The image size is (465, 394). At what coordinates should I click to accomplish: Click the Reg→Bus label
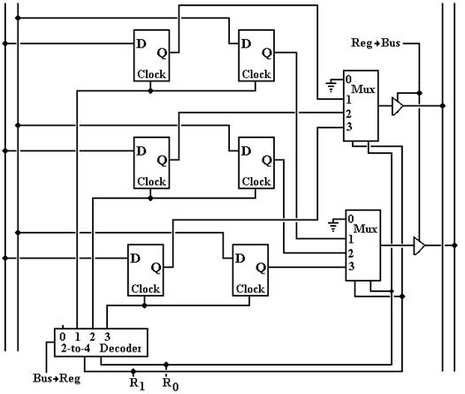pos(376,43)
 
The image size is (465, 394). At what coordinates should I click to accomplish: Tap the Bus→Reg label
pos(57,379)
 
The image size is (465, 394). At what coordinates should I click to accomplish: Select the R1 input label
pos(137,383)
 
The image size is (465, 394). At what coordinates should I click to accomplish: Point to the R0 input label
pos(171,383)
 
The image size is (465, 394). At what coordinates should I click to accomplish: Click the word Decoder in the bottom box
pos(120,348)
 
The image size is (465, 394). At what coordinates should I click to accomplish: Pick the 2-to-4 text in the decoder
pos(75,348)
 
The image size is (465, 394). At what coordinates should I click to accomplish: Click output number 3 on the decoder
pos(107,336)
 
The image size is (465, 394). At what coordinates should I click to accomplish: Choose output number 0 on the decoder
pos(62,336)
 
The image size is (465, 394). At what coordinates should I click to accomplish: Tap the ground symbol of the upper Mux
pos(331,85)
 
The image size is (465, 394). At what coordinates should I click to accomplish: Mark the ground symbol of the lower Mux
pos(333,225)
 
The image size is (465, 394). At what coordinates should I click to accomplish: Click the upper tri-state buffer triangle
pos(398,106)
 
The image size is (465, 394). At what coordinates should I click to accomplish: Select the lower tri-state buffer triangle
pos(419,246)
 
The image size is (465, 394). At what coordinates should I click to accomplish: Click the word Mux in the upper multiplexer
pos(363,89)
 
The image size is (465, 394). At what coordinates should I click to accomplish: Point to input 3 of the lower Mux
pos(351,267)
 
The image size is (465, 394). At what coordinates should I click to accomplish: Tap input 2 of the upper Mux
pos(348,113)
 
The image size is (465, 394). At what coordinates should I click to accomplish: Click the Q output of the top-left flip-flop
pos(162,53)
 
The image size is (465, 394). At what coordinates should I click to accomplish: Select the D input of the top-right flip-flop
pos(246,43)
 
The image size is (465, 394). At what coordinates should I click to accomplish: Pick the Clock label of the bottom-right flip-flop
pos(250,289)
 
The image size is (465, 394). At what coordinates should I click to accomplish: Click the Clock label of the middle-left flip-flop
pos(151,182)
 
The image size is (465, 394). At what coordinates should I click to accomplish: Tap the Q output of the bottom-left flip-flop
pos(156,268)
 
